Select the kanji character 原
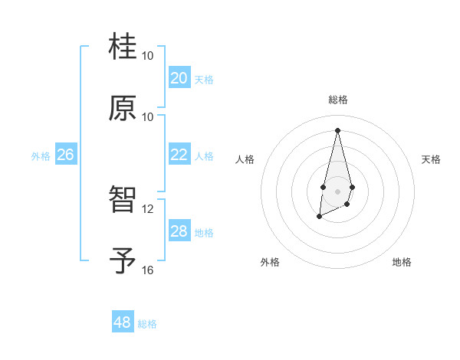coord(123,108)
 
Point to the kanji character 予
coord(123,261)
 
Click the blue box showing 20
coord(179,78)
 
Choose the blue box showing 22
coord(179,155)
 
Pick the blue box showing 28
coord(179,231)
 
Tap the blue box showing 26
coord(65,155)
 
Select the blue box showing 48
coord(122,322)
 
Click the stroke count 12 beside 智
coord(148,209)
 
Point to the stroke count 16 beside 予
coord(148,270)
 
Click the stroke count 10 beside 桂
coord(148,56)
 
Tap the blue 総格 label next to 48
coord(147,324)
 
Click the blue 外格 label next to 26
coord(41,156)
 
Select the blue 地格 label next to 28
coord(204,233)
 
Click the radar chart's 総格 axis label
coord(338,100)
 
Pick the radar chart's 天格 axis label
coord(432,159)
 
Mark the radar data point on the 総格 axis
coord(337,129)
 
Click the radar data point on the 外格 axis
coord(319,218)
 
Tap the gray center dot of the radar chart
coord(337,191)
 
